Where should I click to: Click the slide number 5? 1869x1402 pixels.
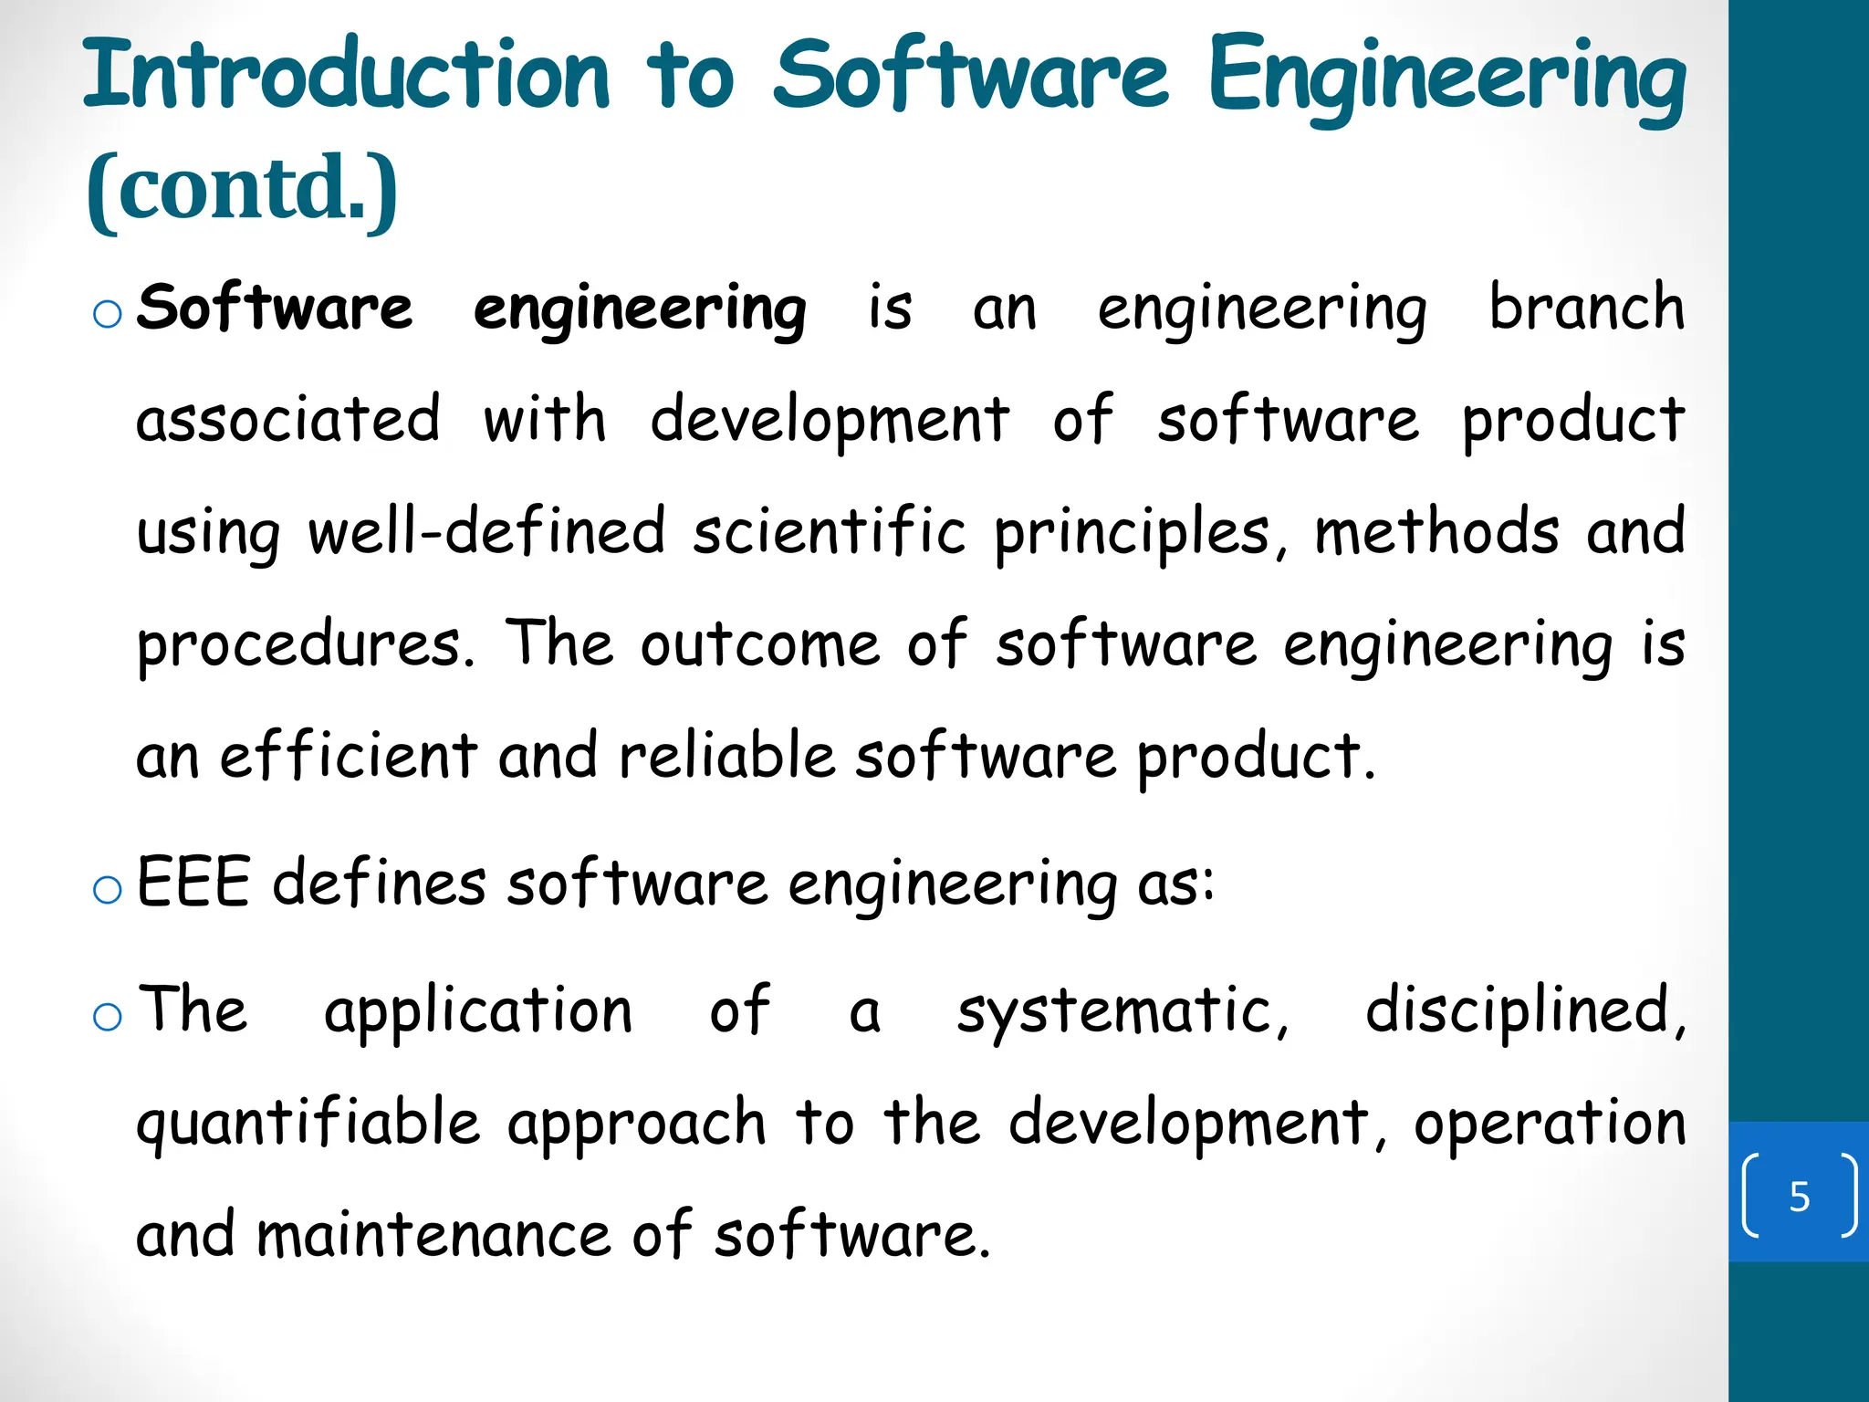[x=1799, y=1196]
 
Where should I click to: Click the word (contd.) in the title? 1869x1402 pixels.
[x=242, y=189]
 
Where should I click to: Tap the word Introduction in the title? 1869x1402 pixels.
[x=347, y=75]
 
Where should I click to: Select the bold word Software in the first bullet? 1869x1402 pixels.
[x=274, y=308]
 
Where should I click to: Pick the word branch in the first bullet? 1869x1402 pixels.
[x=1586, y=308]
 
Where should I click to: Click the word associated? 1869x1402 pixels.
[x=288, y=420]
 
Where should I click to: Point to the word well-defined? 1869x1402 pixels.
[x=486, y=532]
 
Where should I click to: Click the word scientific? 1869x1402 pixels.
[x=829, y=532]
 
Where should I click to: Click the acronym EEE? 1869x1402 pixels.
[x=193, y=883]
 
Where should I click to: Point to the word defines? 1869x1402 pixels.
[x=380, y=883]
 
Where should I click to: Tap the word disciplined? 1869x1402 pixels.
[x=1524, y=1011]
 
